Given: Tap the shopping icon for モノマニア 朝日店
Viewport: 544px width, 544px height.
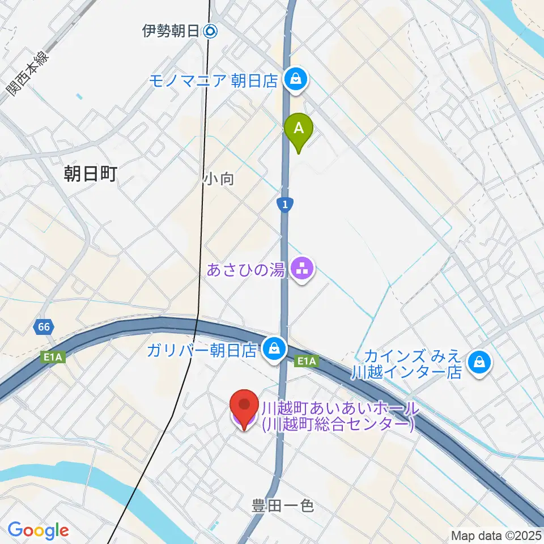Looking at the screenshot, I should [x=296, y=80].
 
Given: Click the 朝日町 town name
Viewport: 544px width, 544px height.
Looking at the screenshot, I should [x=91, y=174].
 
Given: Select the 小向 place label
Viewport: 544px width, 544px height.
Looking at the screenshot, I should [x=219, y=179].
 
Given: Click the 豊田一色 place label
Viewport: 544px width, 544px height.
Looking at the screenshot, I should [x=283, y=505].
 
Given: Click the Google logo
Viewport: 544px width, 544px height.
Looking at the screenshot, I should [x=38, y=530].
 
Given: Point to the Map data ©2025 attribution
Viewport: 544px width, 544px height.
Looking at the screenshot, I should [x=495, y=535].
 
